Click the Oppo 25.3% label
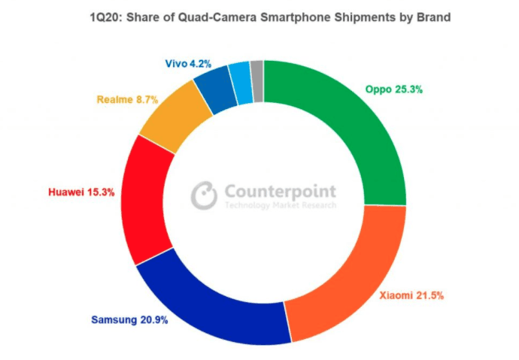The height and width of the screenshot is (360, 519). pos(394,89)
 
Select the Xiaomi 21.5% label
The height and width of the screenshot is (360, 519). pos(411,296)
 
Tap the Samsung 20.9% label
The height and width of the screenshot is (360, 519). pos(129,320)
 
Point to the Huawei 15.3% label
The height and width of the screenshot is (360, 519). pos(80,192)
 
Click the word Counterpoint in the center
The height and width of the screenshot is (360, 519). pos(280,191)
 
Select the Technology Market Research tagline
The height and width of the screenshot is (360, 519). pos(280,205)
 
